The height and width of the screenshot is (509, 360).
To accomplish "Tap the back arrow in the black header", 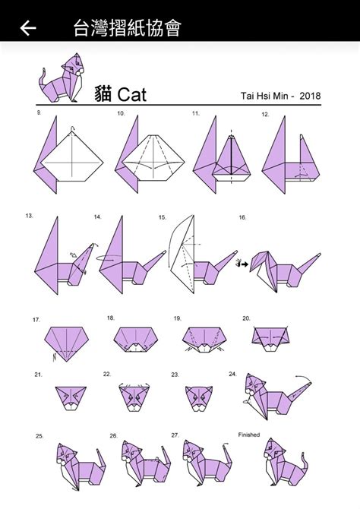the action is pyautogui.click(x=28, y=27).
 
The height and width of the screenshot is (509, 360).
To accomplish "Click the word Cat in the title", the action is pyautogui.click(x=132, y=95).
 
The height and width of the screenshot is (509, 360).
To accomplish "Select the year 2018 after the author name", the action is pyautogui.click(x=310, y=96).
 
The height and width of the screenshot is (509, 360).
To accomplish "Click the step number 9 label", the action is pyautogui.click(x=39, y=113).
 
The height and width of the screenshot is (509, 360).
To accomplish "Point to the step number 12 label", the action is pyautogui.click(x=266, y=114).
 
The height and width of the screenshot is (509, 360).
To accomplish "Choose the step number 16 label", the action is pyautogui.click(x=242, y=217).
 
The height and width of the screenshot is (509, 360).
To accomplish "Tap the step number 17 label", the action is pyautogui.click(x=36, y=320).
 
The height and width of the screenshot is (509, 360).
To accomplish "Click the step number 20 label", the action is pyautogui.click(x=246, y=318).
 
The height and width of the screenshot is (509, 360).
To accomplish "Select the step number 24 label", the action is pyautogui.click(x=232, y=374).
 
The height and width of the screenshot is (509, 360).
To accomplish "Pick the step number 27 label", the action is pyautogui.click(x=175, y=435).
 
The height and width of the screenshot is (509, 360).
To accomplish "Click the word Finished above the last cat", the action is pyautogui.click(x=249, y=435).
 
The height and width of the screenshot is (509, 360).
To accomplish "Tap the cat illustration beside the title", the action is pyautogui.click(x=62, y=78).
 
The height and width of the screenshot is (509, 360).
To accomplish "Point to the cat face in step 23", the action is pyautogui.click(x=199, y=398).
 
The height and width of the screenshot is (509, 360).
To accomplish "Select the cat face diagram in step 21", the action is pyautogui.click(x=71, y=398).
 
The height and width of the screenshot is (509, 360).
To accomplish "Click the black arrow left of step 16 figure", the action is pyautogui.click(x=243, y=264).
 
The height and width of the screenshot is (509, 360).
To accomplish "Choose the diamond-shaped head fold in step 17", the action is pyautogui.click(x=67, y=343).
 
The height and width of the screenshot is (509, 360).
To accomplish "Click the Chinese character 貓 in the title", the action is pyautogui.click(x=103, y=94).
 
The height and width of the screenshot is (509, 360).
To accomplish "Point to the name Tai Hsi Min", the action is pyautogui.click(x=264, y=96).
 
